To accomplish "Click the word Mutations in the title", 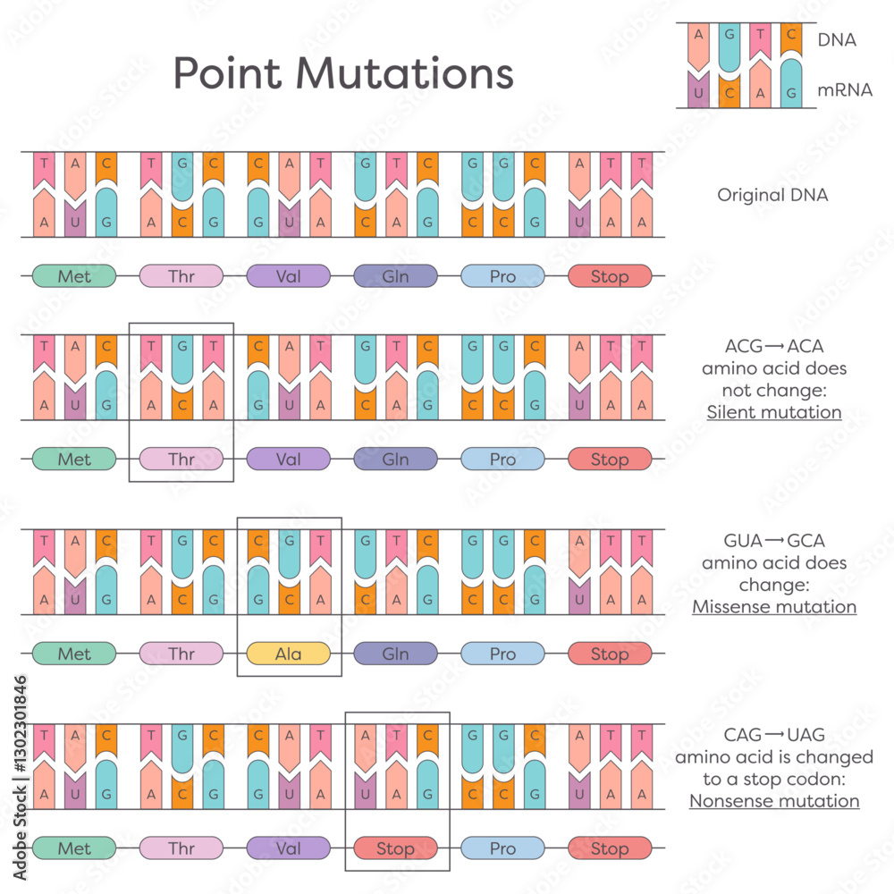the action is click(x=404, y=73).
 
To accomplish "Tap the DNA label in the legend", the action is click(x=837, y=40).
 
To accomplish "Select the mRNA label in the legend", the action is click(x=845, y=90).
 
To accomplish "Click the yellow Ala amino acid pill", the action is click(x=289, y=654).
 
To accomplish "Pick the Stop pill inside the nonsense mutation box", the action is click(x=396, y=848).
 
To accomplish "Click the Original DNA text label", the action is click(x=772, y=195).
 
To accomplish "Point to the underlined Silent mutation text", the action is click(x=774, y=412).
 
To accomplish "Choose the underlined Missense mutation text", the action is click(x=774, y=607).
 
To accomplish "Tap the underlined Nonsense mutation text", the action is click(x=774, y=801).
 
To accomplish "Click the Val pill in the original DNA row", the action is click(x=289, y=276).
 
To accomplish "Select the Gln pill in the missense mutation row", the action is click(x=396, y=654).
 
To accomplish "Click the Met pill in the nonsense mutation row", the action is click(x=74, y=848).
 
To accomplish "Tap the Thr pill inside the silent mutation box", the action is click(x=181, y=459).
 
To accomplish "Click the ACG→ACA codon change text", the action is click(x=774, y=346).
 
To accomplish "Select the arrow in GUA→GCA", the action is click(x=774, y=541).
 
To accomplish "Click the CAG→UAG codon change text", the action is click(x=774, y=735).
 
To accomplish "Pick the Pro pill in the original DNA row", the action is click(x=502, y=276).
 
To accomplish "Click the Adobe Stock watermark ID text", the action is click(x=20, y=778).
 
